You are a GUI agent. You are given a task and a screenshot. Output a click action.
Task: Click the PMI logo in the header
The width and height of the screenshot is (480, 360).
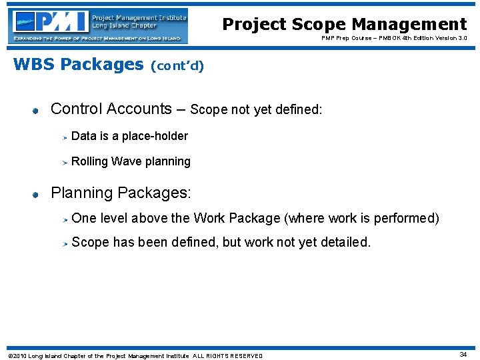pyautogui.click(x=98, y=26)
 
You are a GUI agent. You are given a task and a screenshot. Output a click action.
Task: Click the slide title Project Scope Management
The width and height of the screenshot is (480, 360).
pyautogui.click(x=344, y=25)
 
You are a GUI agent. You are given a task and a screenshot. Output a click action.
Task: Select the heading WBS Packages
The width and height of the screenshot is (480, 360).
pyautogui.click(x=78, y=65)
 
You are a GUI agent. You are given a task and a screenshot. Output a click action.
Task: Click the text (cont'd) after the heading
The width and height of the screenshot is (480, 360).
pyautogui.click(x=177, y=66)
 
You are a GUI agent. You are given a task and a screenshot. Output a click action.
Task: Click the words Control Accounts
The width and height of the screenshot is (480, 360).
pyautogui.click(x=111, y=109)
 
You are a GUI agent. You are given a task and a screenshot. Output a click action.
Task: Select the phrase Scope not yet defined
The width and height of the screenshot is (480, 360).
pyautogui.click(x=256, y=110)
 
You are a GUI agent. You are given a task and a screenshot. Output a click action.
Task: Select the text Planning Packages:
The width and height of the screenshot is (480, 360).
pyautogui.click(x=121, y=193)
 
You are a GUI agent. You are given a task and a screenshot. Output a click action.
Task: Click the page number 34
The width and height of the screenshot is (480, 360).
pyautogui.click(x=463, y=355)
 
